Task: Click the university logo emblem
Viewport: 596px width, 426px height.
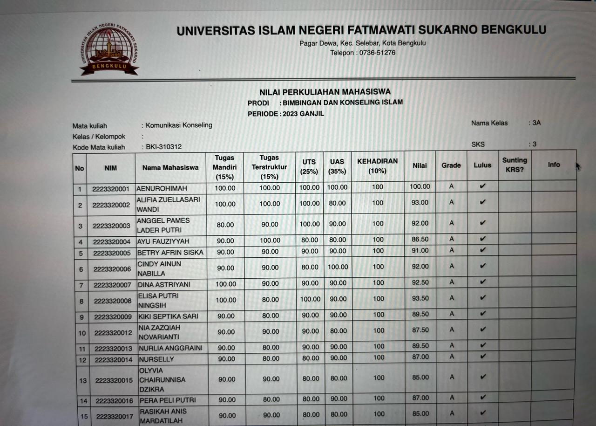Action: (x=109, y=49)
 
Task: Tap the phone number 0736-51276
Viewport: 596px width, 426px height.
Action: (x=376, y=53)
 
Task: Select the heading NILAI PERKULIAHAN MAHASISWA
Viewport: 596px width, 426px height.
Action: (x=325, y=92)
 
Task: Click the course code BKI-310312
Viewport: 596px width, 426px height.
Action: (x=163, y=147)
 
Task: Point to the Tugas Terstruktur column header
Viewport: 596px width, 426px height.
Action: (x=269, y=167)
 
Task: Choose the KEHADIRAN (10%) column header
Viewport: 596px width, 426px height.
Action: (x=377, y=166)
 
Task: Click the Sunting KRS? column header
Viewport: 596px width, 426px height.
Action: (x=515, y=165)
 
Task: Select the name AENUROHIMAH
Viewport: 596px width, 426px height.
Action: (x=162, y=189)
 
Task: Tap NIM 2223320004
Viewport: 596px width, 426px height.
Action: (x=112, y=242)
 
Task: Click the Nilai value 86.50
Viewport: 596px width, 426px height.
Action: (x=420, y=240)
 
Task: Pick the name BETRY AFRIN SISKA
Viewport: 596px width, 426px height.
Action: (x=170, y=253)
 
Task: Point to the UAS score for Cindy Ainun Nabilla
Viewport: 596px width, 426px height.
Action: (x=338, y=267)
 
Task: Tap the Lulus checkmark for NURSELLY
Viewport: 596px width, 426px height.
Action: (x=482, y=357)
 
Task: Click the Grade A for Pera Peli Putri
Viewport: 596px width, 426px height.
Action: (x=452, y=398)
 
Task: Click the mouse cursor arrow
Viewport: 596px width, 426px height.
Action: (x=578, y=166)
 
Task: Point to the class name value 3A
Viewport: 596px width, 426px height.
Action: (x=536, y=123)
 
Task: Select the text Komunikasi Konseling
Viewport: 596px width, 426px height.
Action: (x=179, y=125)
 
